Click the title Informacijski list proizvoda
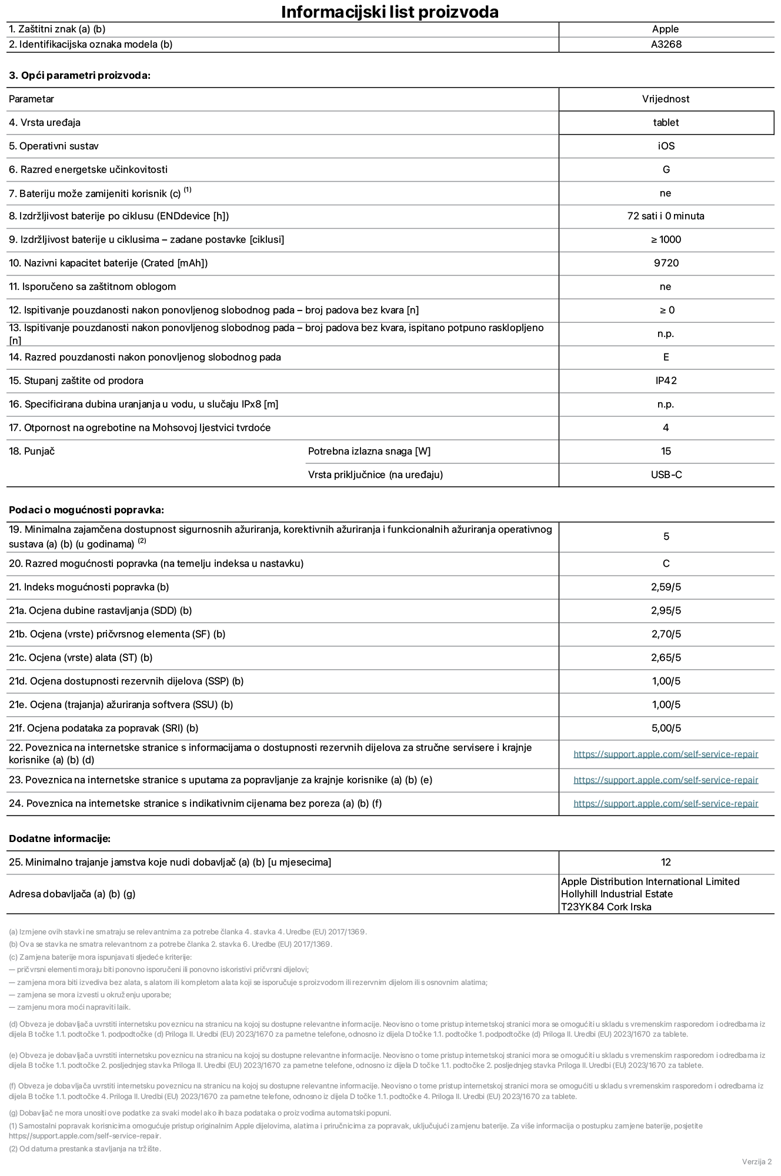(390, 12)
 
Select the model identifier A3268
(666, 44)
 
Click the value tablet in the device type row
(666, 122)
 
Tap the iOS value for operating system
(666, 146)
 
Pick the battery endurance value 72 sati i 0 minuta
(665, 216)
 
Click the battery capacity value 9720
(666, 263)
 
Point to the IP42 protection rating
(666, 380)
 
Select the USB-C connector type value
(666, 475)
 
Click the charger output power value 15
(666, 451)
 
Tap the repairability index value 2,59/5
(666, 587)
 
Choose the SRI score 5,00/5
(666, 728)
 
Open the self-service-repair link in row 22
(666, 754)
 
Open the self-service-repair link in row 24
(666, 803)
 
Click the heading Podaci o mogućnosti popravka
(86, 510)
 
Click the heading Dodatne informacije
(59, 838)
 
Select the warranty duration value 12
(666, 862)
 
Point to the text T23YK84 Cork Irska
(606, 907)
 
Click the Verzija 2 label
(756, 1161)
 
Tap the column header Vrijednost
(666, 99)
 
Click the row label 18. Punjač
(32, 451)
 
